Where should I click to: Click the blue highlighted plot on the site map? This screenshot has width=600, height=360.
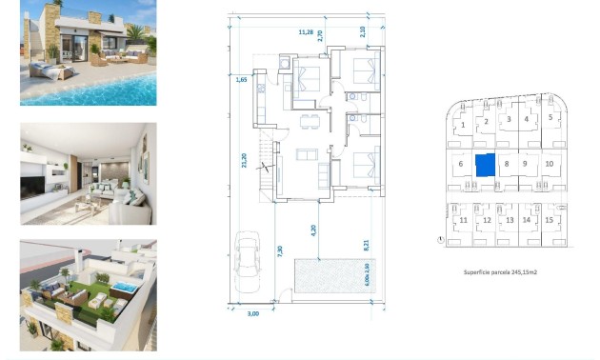click(486, 165)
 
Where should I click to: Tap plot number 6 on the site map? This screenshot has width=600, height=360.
click(460, 165)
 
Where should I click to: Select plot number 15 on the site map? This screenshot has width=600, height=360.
click(550, 220)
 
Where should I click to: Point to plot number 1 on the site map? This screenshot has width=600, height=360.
click(463, 125)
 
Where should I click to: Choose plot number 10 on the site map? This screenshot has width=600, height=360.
click(550, 164)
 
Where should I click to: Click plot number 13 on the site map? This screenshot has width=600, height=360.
click(509, 220)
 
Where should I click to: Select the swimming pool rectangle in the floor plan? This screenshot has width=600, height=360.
click(325, 276)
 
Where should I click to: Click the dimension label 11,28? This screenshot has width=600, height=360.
click(306, 32)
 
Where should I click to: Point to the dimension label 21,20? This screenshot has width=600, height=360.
click(245, 162)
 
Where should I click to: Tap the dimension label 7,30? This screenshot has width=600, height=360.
click(279, 252)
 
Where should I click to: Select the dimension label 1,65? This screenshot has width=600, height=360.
click(241, 80)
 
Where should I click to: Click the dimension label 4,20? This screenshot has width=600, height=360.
click(313, 229)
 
